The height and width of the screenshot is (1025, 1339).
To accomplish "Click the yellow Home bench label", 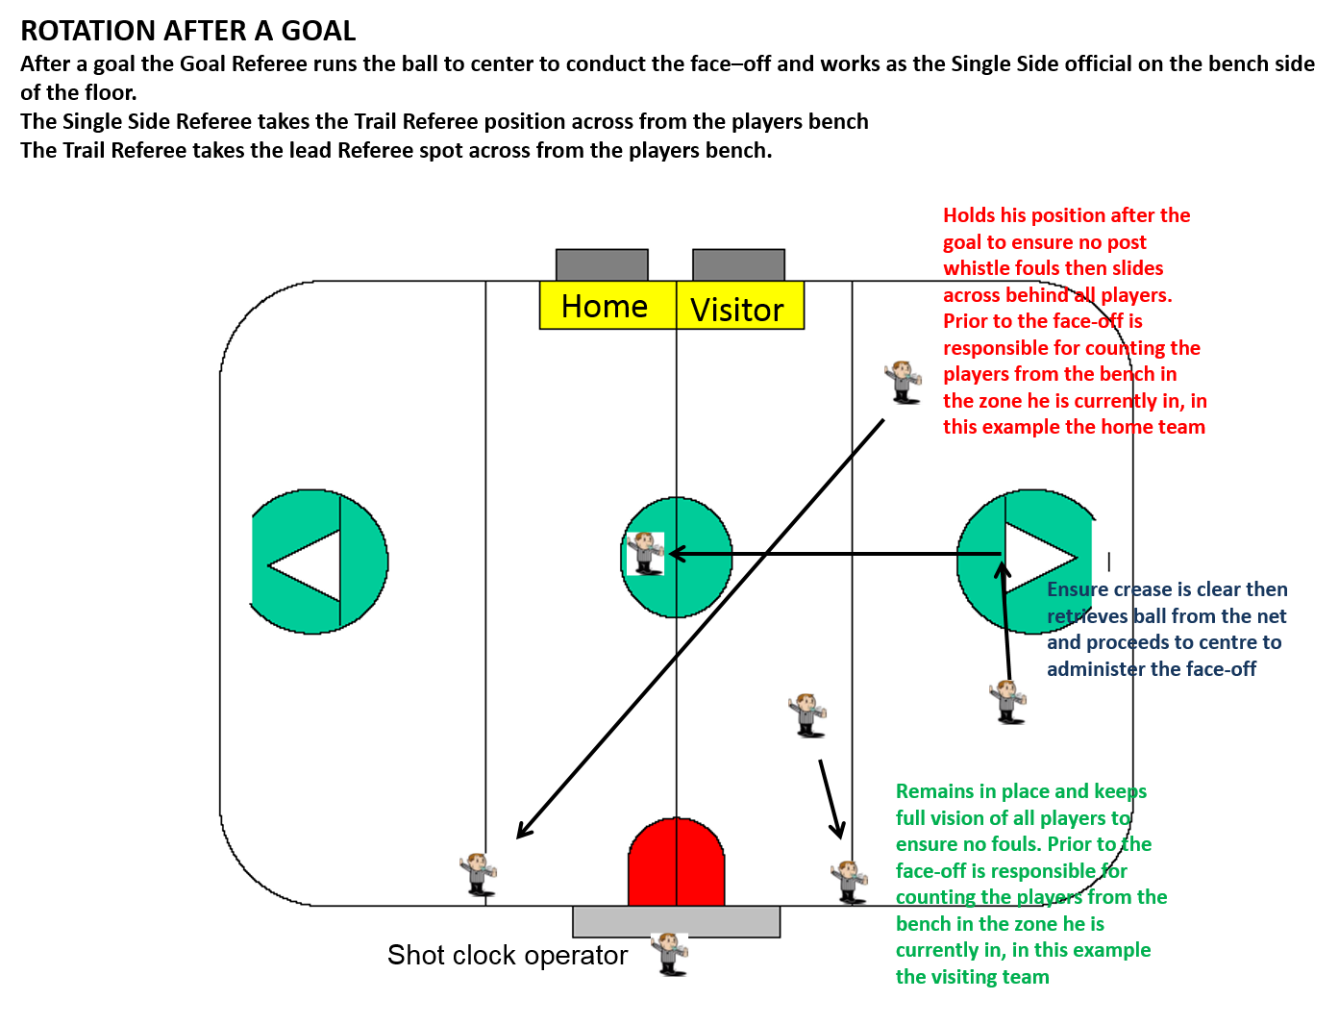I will (607, 306).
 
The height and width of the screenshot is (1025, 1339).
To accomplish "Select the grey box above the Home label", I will (602, 264).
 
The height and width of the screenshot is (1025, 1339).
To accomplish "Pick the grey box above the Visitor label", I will (738, 264).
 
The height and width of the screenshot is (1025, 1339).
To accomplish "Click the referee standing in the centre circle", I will (645, 553).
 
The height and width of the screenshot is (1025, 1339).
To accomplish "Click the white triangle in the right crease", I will (1036, 558).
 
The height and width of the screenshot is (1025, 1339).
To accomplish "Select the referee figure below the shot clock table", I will (669, 954).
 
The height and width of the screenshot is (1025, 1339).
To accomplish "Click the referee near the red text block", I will (903, 382).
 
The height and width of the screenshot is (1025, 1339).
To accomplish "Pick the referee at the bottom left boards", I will (478, 874).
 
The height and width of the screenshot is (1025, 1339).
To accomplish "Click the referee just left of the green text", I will (850, 881).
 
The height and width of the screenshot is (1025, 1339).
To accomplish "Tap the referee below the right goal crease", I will (1007, 701).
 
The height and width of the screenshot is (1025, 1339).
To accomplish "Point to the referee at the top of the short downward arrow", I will (807, 714).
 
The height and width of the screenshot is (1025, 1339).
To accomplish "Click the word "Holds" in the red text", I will (969, 215).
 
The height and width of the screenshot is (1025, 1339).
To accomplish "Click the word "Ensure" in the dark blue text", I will (1078, 589).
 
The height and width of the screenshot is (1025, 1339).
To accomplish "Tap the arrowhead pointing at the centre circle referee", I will (676, 554).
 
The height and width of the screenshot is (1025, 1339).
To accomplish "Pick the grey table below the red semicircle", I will (676, 921).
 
